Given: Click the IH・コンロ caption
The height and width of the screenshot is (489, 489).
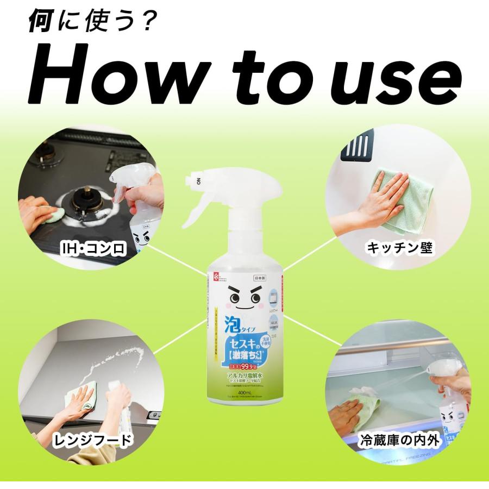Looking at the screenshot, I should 93,249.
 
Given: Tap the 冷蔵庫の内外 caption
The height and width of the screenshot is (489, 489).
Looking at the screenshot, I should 399,440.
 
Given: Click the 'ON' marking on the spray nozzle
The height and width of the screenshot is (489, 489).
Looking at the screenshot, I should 199,179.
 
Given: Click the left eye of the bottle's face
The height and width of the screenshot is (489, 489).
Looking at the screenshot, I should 235,298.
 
